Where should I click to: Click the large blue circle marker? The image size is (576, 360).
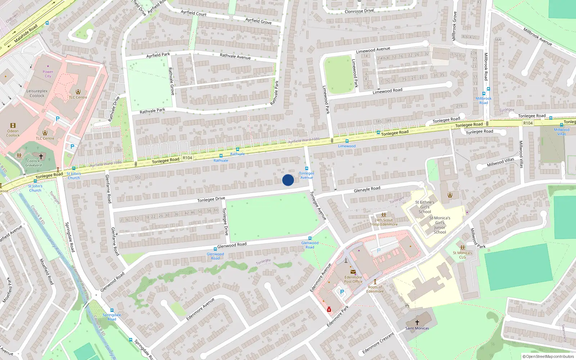288,180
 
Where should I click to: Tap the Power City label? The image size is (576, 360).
48,74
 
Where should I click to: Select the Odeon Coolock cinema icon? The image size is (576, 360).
13,126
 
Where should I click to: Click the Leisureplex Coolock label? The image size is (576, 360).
37,93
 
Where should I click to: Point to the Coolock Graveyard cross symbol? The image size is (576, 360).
41,156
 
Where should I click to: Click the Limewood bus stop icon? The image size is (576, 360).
347,141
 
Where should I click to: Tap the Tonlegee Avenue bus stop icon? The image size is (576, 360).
307,168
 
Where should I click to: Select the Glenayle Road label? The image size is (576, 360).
367,189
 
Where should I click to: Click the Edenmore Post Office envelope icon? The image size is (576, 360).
353,272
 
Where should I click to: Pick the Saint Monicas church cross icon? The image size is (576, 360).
417,323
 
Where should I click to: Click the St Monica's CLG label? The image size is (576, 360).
462,255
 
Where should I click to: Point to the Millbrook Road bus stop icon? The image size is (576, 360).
488,89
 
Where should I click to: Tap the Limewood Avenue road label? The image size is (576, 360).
373,50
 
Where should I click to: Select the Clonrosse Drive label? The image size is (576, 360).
359,11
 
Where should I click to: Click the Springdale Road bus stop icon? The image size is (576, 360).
112,310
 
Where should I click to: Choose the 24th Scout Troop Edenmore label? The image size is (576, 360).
384,222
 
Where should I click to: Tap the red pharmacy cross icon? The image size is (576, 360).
329,310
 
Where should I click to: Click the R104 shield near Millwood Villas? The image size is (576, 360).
528,123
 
